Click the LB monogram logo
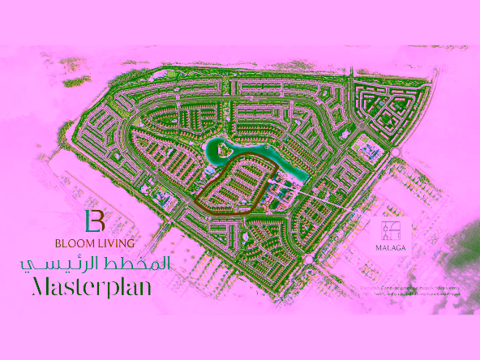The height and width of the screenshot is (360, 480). pos(96,221)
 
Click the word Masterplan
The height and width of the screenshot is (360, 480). pos(92,287)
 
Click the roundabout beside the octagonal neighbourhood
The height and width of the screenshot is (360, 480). pos(396,152)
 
